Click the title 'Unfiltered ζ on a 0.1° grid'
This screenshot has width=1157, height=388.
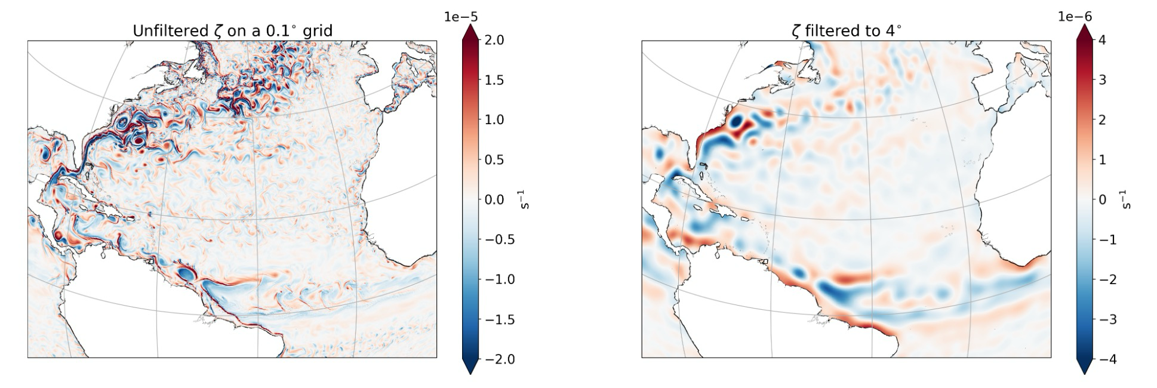pyautogui.click(x=232, y=31)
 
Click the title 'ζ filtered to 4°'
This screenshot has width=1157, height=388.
pyautogui.click(x=846, y=31)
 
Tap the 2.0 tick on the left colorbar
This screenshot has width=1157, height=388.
pyautogui.click(x=494, y=40)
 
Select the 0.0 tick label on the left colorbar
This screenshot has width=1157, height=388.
pyautogui.click(x=494, y=199)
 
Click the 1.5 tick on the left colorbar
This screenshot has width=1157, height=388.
pyautogui.click(x=494, y=80)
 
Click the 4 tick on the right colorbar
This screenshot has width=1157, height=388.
pyautogui.click(x=1102, y=40)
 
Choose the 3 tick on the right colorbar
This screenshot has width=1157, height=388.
pyautogui.click(x=1102, y=80)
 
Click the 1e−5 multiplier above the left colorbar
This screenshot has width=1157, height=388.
pyautogui.click(x=461, y=17)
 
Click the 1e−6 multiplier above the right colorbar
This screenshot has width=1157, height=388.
pyautogui.click(x=1075, y=17)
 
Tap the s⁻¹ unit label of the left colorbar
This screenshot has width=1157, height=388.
pyautogui.click(x=525, y=199)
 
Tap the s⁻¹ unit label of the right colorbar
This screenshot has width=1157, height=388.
pyautogui.click(x=1127, y=199)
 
